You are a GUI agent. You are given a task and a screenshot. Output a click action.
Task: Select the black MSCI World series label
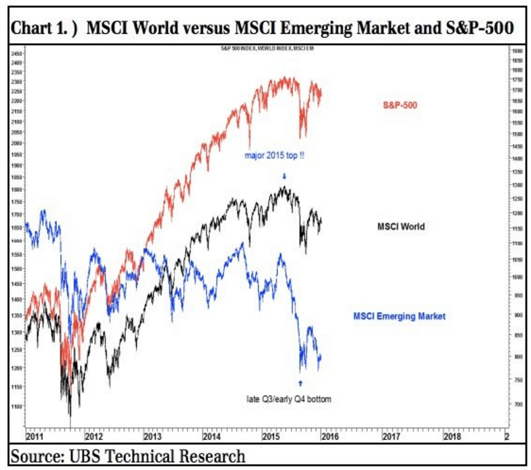(x=401, y=227)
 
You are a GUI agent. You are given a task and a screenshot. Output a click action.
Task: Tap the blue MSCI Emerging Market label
(x=399, y=316)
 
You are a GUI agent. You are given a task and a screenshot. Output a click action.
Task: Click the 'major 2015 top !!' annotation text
(x=274, y=155)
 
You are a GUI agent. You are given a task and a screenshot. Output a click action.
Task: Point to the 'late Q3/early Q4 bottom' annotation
(x=289, y=399)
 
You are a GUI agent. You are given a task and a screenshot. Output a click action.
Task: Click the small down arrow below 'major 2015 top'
(x=284, y=176)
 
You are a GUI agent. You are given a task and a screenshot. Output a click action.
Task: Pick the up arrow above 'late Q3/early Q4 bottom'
(x=300, y=383)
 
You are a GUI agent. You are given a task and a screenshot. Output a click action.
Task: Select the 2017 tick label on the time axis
(x=390, y=436)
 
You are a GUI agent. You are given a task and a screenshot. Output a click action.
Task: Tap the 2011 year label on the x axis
(x=34, y=436)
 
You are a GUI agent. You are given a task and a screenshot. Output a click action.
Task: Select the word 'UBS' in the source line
(x=88, y=457)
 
